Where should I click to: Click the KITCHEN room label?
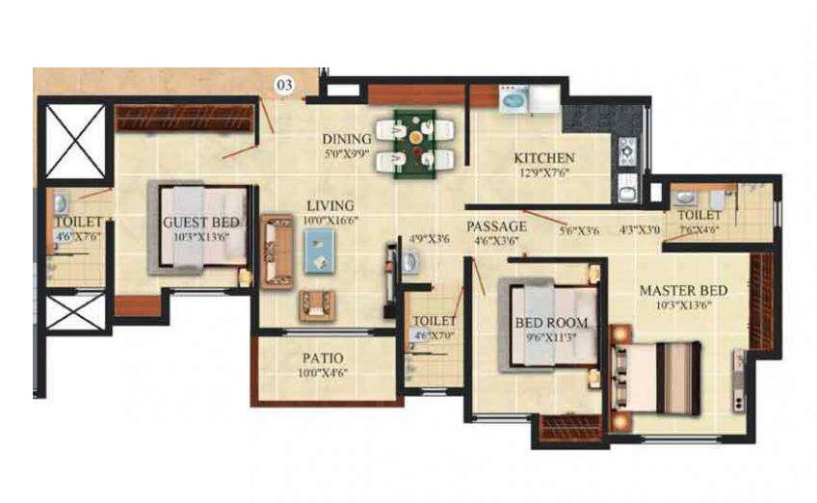click(544, 157)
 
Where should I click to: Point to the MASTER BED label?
click(683, 290)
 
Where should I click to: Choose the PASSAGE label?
click(497, 226)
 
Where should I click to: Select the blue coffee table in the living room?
click(319, 252)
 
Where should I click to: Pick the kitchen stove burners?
click(627, 152)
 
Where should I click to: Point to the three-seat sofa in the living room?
click(277, 251)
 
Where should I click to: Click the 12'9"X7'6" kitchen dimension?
click(544, 173)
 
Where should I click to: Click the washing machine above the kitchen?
click(512, 99)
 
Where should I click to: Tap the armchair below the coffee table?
click(317, 305)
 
